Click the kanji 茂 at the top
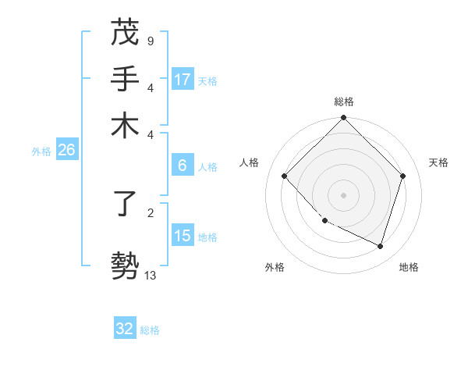[125, 32]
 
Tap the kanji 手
[125, 79]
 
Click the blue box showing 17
[183, 80]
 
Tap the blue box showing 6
[183, 166]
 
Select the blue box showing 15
[183, 236]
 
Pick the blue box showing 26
[66, 151]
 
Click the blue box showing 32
[125, 329]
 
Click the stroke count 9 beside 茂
[150, 40]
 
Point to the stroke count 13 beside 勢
[150, 275]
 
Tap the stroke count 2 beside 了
[150, 212]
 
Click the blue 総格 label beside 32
[150, 330]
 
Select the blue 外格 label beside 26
[41, 151]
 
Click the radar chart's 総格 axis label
[344, 102]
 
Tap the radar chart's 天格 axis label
[438, 162]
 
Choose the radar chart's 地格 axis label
[409, 267]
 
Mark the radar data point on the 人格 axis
[285, 176]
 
